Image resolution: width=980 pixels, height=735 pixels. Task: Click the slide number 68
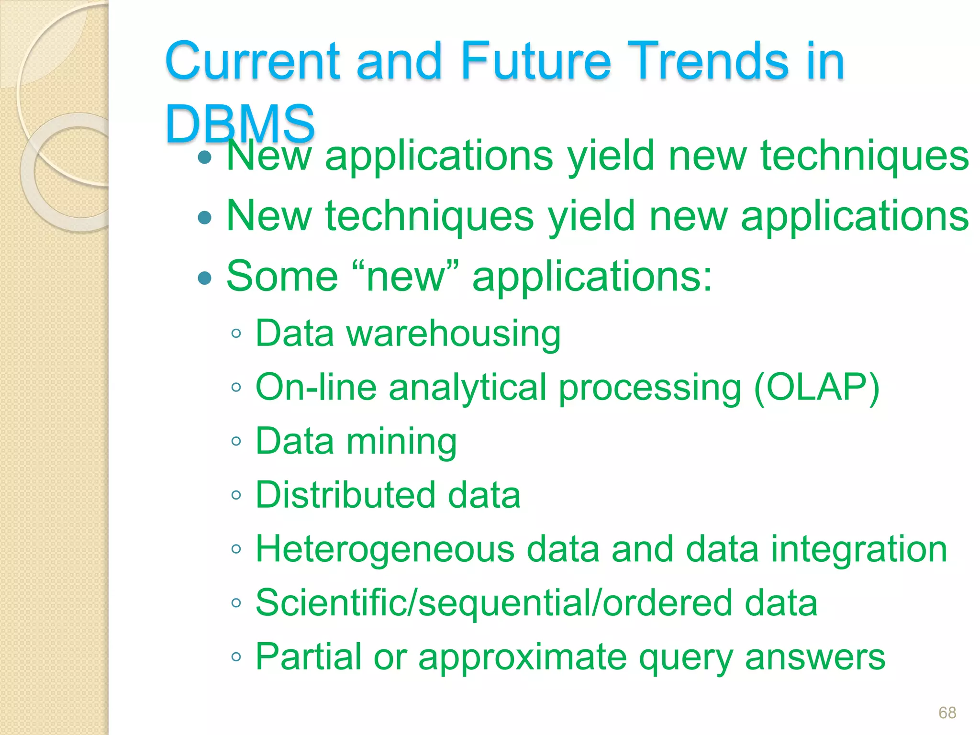[947, 713]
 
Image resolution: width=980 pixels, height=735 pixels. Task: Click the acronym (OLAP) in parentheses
[816, 387]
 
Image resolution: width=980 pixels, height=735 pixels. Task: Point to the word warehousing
[453, 334]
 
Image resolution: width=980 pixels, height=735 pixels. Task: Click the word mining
[401, 441]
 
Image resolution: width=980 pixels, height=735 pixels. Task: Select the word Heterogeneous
[385, 549]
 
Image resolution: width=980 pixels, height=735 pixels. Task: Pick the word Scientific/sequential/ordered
[494, 602]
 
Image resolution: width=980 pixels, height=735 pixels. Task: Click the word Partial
[308, 657]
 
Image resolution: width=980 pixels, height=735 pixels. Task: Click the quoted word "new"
[405, 277]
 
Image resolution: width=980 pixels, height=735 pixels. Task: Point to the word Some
[282, 276]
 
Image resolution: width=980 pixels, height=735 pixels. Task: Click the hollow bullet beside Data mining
[236, 441]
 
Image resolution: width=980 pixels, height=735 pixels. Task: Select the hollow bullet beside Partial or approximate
[236, 657]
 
